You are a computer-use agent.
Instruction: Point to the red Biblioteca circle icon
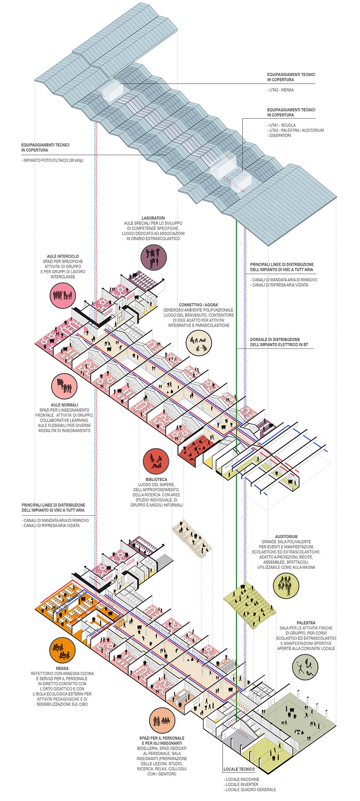click(156, 461)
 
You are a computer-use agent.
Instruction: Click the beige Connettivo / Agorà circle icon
click(199, 344)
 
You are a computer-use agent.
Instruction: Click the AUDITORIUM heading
click(286, 536)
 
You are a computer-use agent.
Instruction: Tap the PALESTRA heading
click(306, 623)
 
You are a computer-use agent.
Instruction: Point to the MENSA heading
click(62, 668)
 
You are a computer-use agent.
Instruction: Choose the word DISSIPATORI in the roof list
click(280, 135)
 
